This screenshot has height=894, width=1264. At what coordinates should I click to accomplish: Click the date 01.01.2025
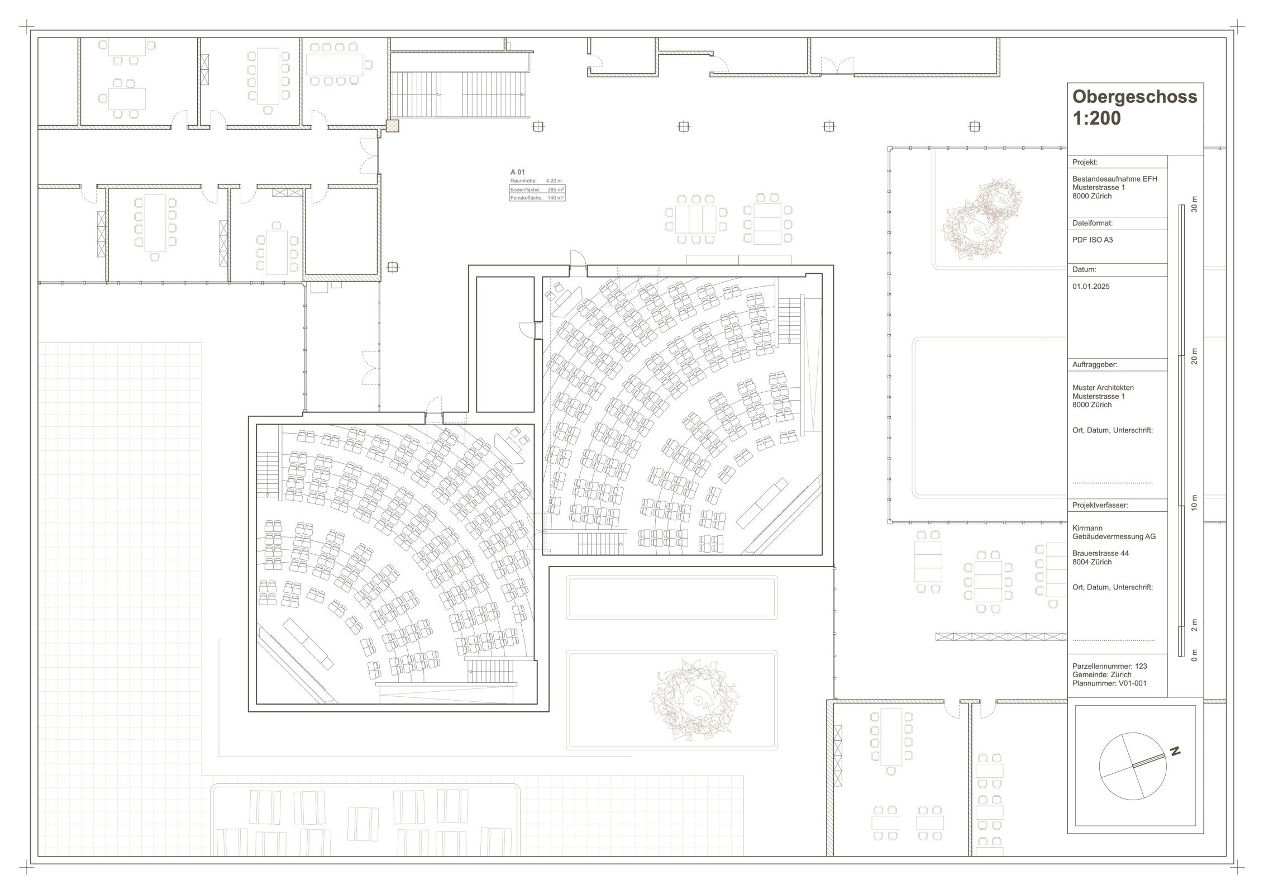click(x=1091, y=287)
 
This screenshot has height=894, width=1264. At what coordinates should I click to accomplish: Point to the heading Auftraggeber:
click(x=1095, y=364)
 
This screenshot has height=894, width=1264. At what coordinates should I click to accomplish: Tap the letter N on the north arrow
click(x=1175, y=752)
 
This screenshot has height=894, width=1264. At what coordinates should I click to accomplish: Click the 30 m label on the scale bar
click(x=1195, y=205)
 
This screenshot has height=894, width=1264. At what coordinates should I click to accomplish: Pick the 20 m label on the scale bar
click(x=1195, y=356)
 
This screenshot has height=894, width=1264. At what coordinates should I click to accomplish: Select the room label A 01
click(x=518, y=172)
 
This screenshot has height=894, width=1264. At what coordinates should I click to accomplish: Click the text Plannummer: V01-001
click(x=1109, y=683)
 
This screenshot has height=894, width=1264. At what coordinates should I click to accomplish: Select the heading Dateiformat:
click(x=1093, y=223)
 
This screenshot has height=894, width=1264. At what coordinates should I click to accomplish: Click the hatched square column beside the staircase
click(x=393, y=126)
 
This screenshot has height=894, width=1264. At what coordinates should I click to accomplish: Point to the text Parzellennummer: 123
click(x=1108, y=666)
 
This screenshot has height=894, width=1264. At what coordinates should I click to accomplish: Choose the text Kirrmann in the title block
click(x=1087, y=528)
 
